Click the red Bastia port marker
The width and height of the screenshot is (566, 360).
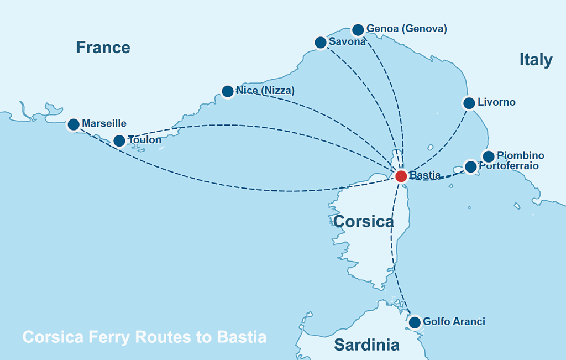[x=401, y=176]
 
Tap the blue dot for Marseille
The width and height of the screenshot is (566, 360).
[x=73, y=124]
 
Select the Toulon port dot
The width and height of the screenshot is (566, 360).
[x=119, y=140]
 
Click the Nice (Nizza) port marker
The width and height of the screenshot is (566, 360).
[x=227, y=91]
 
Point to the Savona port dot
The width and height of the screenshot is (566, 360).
[x=320, y=42]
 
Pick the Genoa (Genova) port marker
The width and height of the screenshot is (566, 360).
[x=358, y=29]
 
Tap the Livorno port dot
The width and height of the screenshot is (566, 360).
[x=469, y=103]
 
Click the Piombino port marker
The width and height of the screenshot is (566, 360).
[x=488, y=156]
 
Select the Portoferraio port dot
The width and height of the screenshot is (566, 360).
[x=470, y=166]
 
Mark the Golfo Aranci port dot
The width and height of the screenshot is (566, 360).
[x=415, y=322]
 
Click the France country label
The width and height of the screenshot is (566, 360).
[x=103, y=48]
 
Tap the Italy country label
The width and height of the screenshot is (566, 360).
[x=536, y=60]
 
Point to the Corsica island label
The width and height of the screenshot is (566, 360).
[x=363, y=222]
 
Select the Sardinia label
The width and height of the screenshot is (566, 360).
[x=366, y=345]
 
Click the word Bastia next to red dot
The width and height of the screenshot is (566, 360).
[x=424, y=176]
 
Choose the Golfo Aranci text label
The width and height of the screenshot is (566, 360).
[x=454, y=321]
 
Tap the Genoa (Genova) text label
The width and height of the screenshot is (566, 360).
[x=406, y=29]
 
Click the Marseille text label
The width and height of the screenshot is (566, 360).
[x=104, y=123]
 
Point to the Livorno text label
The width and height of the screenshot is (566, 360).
[x=496, y=102]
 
